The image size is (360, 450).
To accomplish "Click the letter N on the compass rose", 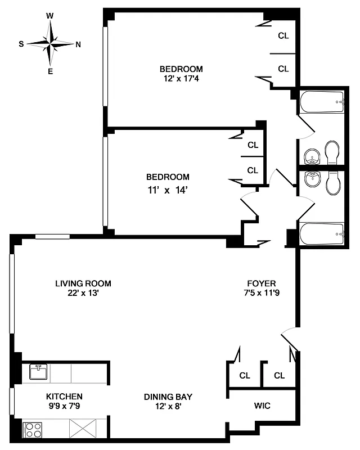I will [78, 44].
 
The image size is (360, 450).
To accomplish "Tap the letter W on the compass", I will [50, 16].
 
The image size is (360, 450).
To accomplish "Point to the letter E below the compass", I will [50, 71].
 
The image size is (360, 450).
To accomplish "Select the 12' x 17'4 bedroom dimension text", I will [181, 79].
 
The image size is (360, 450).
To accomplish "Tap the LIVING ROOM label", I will [83, 283].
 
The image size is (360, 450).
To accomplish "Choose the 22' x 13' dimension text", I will [83, 293].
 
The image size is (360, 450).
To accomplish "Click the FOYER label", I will [262, 283].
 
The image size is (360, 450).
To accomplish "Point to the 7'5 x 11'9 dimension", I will [262, 293].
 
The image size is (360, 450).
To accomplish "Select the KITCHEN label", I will [65, 396].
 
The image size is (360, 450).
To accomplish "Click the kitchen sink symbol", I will [39, 372].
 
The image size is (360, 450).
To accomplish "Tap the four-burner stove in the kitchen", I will [33, 430].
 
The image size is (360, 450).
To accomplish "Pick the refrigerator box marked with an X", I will [80, 430].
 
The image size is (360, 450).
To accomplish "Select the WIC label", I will [262, 406].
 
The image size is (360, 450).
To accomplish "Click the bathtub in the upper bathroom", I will [321, 102].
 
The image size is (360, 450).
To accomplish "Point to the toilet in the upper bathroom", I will [332, 152].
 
